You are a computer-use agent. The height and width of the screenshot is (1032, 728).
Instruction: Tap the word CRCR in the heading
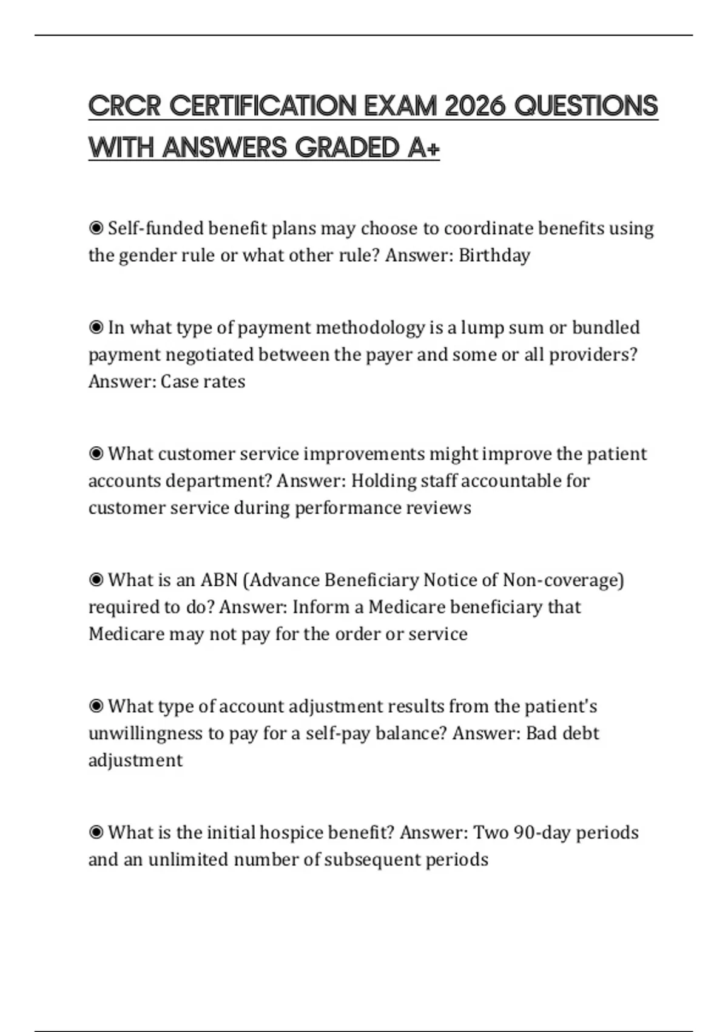click(x=125, y=106)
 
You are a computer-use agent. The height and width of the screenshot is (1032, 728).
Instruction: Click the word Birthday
click(x=494, y=256)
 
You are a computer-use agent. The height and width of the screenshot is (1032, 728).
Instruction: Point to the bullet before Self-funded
click(x=96, y=228)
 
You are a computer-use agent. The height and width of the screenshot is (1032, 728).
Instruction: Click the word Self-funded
click(x=156, y=228)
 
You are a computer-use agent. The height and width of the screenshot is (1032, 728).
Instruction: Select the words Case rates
click(x=203, y=382)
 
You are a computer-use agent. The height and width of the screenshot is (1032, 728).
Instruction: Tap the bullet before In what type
click(x=96, y=328)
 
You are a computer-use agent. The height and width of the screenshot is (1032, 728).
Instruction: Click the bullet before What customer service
click(x=96, y=454)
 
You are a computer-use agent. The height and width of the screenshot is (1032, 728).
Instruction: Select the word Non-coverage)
click(x=564, y=580)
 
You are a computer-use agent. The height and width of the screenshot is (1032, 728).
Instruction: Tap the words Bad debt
click(x=562, y=733)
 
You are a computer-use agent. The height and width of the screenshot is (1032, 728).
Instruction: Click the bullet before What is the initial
click(x=96, y=832)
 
